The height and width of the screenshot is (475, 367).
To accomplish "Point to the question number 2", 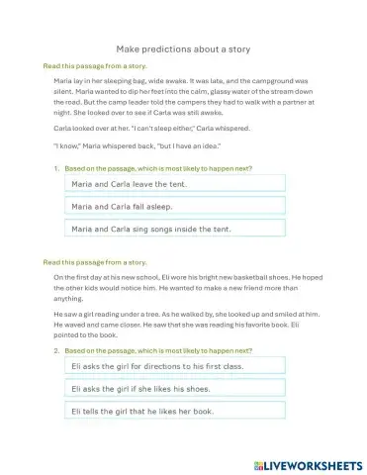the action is (56, 351).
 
